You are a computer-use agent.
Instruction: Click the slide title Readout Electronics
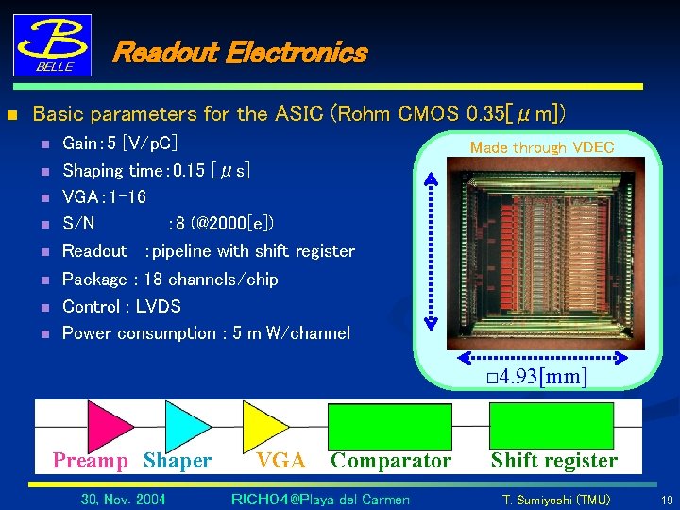click(x=239, y=52)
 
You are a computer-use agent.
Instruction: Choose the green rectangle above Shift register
click(x=552, y=425)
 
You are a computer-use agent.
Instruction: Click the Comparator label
click(x=391, y=461)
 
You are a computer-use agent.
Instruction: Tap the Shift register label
click(x=553, y=461)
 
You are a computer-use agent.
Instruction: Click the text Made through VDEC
click(x=542, y=147)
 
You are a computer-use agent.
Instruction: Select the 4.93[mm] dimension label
click(x=534, y=378)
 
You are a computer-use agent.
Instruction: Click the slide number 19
click(x=667, y=500)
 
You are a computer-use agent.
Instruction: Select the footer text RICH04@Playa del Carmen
click(x=320, y=500)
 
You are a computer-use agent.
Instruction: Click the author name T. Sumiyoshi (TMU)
click(x=555, y=500)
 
